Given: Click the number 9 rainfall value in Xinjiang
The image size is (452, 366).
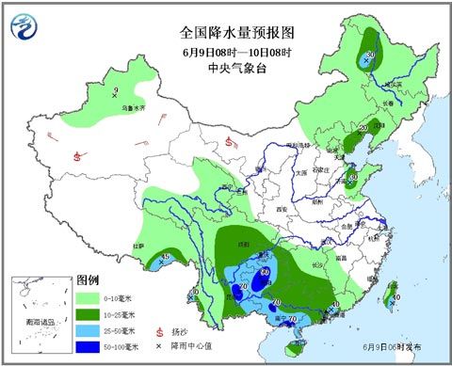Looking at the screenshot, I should (116, 90).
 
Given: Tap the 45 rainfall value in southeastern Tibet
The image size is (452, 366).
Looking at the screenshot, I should (167, 257).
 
